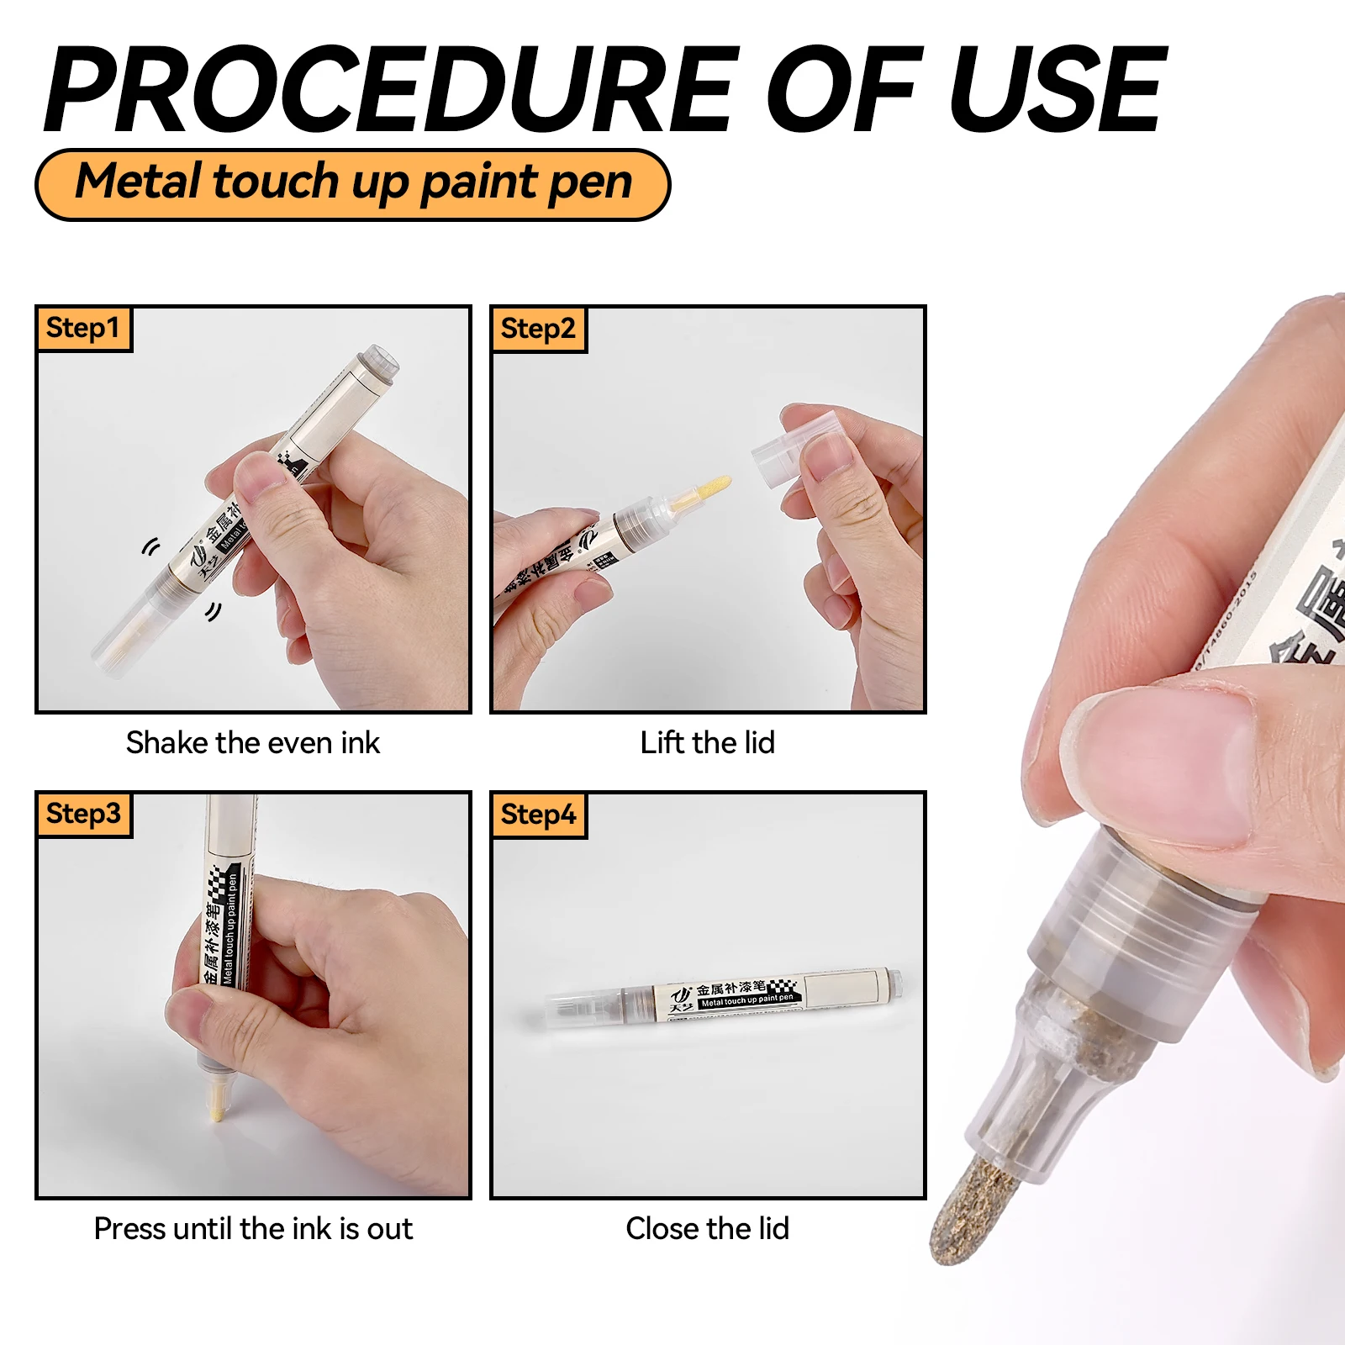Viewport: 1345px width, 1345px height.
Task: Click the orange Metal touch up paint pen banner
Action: [x=353, y=184]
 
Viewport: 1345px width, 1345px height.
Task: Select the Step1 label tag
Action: [x=83, y=328]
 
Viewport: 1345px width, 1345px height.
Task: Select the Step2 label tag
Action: [x=538, y=329]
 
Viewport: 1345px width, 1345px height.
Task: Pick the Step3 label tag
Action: [x=83, y=814]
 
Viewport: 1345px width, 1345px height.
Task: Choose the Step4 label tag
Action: [x=538, y=815]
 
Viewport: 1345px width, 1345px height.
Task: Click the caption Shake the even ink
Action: [x=252, y=743]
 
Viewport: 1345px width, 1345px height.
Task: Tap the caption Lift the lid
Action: [x=707, y=743]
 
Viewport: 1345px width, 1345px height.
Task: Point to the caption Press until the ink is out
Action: [x=252, y=1229]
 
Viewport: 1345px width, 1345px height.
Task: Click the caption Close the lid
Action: [x=707, y=1229]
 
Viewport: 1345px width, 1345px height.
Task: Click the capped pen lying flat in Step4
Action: [x=723, y=996]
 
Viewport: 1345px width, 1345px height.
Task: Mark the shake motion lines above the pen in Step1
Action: [x=150, y=548]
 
